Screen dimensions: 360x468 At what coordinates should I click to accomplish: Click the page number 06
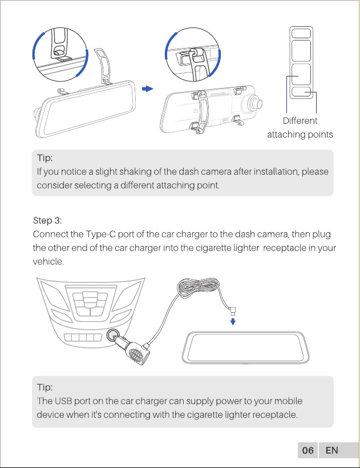308,450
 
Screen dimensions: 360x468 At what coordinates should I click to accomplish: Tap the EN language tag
331,450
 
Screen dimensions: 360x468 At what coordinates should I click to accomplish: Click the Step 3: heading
47,220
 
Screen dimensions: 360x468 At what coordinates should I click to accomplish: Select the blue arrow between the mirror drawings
147,88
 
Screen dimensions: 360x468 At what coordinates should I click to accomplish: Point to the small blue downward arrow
233,321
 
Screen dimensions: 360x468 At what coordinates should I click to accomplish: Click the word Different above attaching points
300,120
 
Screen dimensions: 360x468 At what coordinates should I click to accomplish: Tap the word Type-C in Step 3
100,235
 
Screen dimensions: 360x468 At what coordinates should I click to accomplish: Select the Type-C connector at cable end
232,310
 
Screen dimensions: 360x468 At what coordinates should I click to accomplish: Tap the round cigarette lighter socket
113,335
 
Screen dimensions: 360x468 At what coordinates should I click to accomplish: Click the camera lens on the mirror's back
256,103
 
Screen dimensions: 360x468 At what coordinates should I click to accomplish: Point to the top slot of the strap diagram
301,33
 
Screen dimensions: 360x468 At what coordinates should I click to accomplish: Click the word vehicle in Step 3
47,262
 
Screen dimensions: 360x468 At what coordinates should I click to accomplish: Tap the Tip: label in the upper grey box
45,158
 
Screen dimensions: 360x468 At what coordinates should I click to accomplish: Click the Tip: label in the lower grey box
45,388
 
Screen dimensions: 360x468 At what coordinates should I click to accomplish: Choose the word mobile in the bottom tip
288,401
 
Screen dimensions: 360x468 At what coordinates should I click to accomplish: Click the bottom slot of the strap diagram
301,92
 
